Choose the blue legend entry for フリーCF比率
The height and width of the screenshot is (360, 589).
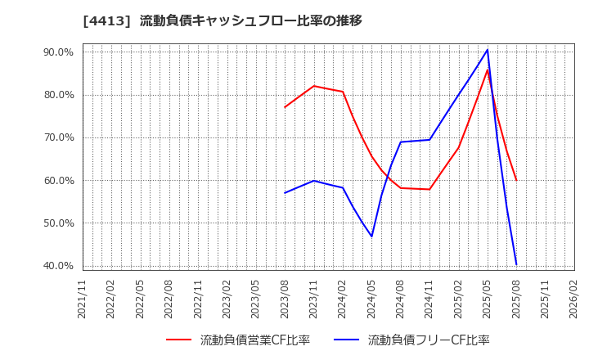(428, 340)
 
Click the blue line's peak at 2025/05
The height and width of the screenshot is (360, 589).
(488, 50)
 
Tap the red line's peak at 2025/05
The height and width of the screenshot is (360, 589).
(488, 70)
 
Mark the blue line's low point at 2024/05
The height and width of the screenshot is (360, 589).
(371, 236)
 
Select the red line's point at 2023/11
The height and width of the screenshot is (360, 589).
(313, 86)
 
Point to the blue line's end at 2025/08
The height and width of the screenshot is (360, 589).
(516, 263)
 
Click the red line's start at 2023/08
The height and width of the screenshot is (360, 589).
(285, 107)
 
